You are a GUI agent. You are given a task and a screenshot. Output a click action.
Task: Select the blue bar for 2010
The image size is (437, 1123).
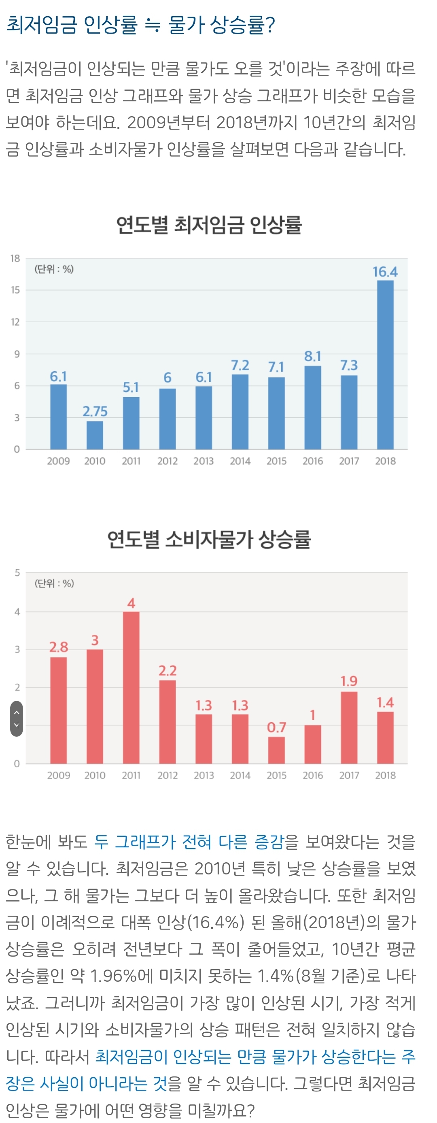point(95,435)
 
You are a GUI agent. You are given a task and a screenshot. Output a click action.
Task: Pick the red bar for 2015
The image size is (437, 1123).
point(276,750)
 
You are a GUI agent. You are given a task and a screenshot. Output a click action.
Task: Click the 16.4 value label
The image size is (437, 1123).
point(385,272)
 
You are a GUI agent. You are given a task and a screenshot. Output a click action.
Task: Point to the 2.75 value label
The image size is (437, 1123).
point(95,411)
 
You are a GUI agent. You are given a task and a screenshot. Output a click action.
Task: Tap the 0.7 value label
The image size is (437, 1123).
point(276,727)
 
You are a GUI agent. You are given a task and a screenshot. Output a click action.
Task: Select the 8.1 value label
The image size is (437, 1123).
point(312,356)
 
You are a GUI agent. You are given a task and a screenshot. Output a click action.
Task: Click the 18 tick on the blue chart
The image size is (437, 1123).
point(15,259)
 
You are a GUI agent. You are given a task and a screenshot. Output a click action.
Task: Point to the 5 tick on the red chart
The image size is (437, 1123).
point(17,572)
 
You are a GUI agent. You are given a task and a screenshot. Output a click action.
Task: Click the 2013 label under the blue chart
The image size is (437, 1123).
point(204,461)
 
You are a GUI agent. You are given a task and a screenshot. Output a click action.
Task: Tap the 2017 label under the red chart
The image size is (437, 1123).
point(349,775)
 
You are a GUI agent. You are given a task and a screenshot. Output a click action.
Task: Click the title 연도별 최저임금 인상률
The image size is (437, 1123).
point(209,225)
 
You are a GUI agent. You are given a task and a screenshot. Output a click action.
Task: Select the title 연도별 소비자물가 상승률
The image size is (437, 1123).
point(209,539)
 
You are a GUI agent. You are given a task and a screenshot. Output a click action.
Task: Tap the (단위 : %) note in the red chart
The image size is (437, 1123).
point(54,583)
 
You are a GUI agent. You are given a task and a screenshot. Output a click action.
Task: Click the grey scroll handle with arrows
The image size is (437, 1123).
point(17,719)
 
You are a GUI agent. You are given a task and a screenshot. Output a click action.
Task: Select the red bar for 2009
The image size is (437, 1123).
point(58,710)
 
